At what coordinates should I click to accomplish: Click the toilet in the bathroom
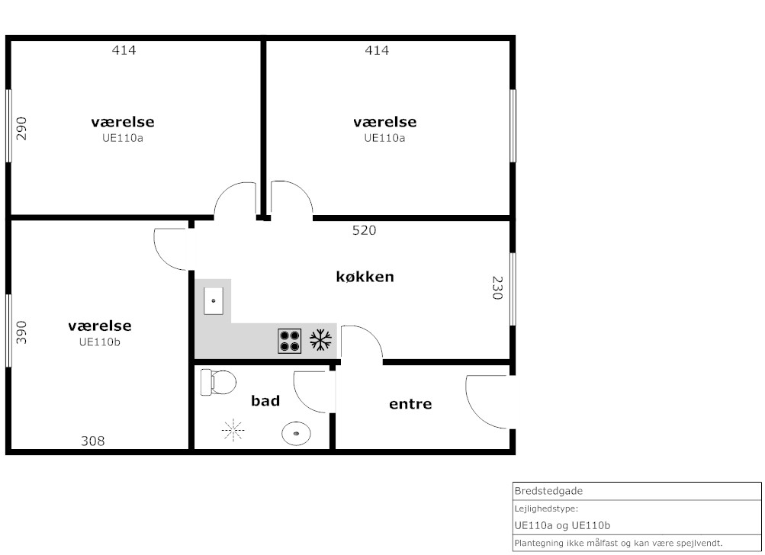218,382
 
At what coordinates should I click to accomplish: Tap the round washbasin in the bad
296,433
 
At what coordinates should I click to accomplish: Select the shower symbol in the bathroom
233,430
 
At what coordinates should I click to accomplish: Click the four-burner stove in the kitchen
289,341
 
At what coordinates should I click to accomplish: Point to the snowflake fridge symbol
320,340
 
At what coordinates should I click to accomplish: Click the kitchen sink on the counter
214,301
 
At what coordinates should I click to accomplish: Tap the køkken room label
365,277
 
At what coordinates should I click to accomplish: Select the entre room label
410,404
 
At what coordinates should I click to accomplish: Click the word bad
265,401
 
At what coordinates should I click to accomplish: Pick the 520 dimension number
364,230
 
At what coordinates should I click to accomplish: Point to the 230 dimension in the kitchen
497,287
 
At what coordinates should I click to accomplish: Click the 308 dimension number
93,441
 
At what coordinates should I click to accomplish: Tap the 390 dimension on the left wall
21,332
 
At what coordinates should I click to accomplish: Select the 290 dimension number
21,128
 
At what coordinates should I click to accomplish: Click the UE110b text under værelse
99,342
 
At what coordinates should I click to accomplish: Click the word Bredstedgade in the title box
548,491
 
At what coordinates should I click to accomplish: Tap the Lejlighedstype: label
546,508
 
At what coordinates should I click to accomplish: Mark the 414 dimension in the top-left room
124,50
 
